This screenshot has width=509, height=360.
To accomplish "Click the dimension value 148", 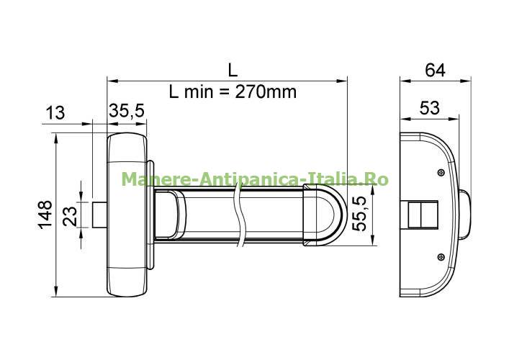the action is click(x=45, y=215).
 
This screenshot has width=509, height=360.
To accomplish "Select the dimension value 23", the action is click(x=70, y=216).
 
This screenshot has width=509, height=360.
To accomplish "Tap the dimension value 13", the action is click(x=55, y=113).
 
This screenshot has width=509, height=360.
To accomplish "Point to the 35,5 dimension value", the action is click(x=126, y=111).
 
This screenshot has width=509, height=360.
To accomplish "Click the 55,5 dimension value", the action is click(x=359, y=214).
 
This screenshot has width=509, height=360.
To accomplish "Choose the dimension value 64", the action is click(x=435, y=70).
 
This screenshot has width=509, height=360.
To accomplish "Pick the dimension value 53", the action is click(x=430, y=108).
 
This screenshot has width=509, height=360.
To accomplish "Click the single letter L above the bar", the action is click(x=233, y=70).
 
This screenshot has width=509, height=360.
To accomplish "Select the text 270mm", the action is click(x=266, y=92).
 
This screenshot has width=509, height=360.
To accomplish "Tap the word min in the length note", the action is click(x=199, y=92).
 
